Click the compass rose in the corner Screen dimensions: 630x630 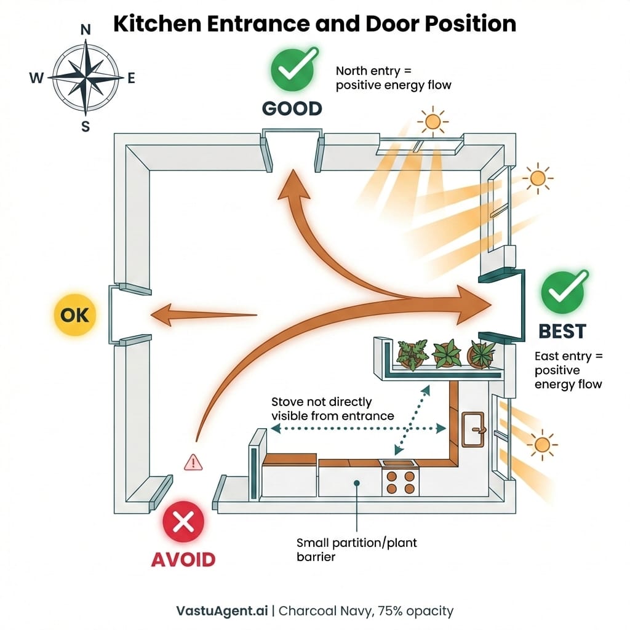pos(86,78)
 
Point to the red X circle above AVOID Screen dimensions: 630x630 pos(183,523)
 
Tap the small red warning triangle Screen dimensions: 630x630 pos(193,462)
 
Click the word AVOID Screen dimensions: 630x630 pos(183,559)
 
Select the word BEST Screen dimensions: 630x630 pos(562,332)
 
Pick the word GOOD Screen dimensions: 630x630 pos(292,109)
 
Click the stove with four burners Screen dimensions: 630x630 pos(401,480)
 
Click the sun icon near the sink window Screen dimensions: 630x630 pos(542,443)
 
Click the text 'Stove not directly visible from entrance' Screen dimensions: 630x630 pos(332,409)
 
